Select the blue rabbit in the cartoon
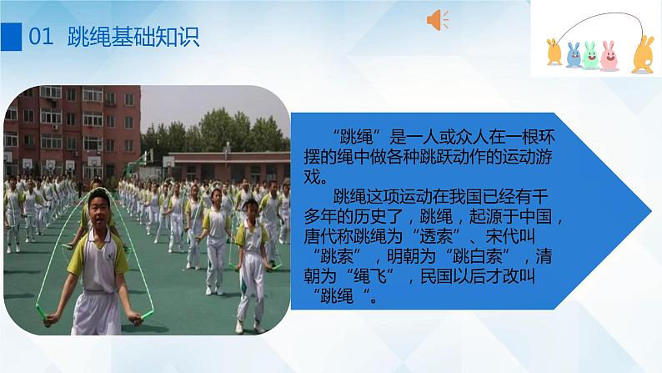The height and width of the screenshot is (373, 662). (574, 54)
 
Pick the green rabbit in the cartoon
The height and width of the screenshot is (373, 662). (591, 54)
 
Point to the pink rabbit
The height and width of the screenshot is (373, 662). (609, 55)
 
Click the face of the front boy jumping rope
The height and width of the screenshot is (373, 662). (98, 204)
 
